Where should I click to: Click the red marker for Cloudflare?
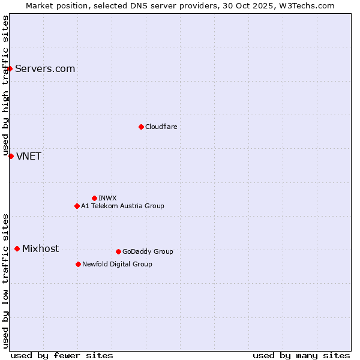click(141, 127)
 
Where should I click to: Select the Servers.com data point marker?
click(10, 68)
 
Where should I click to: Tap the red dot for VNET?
click(11, 156)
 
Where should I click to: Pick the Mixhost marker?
click(17, 248)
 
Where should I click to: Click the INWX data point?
click(94, 198)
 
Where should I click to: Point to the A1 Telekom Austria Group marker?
click(77, 206)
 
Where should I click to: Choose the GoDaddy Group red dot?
click(118, 251)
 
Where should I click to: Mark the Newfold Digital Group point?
click(78, 264)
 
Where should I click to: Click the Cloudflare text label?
click(161, 127)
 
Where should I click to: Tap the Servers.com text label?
click(45, 68)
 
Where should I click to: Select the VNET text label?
click(29, 157)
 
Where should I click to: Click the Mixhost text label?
click(40, 248)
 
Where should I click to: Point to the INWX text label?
click(107, 198)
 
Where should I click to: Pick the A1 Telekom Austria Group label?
click(122, 206)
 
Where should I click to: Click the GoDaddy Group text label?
click(148, 251)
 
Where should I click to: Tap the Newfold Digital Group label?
click(117, 264)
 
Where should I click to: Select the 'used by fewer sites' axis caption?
click(62, 355)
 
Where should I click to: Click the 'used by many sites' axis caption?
click(301, 355)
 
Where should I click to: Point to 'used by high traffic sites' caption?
click(6, 86)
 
